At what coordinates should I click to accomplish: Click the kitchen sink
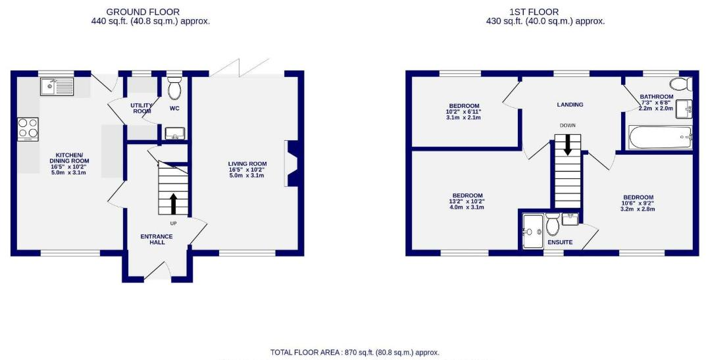[x=56, y=86]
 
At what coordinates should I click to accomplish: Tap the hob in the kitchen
[x=28, y=129]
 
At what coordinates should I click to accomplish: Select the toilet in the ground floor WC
[x=174, y=89]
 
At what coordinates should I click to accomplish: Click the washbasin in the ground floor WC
[x=174, y=134]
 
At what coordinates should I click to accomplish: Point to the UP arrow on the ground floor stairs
[x=173, y=203]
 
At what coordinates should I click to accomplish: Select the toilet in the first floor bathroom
[x=680, y=84]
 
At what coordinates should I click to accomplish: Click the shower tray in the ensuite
[x=533, y=231]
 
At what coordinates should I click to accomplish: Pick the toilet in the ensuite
[x=553, y=225]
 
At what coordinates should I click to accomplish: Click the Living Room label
[x=247, y=168]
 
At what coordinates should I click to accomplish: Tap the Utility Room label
[x=142, y=109]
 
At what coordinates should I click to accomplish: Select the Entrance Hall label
[x=157, y=240]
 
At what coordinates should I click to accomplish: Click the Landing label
[x=570, y=105]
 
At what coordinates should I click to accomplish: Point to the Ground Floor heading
[x=143, y=12]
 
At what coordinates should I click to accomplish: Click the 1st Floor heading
[x=543, y=12]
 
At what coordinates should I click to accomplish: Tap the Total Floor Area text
[x=355, y=353]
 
